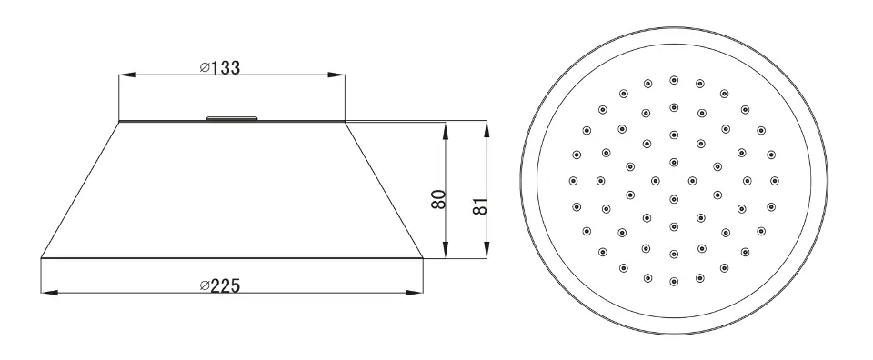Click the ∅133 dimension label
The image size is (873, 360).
point(220,67)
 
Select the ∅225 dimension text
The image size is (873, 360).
point(220,285)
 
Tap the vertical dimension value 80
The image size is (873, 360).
point(438,199)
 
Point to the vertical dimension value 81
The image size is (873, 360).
point(481,205)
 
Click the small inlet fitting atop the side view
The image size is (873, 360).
point(232,118)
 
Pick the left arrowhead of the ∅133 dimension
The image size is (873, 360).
point(127,75)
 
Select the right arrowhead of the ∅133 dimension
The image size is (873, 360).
point(336,75)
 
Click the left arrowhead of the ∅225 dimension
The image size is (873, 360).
point(49,292)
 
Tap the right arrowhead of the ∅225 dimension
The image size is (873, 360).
point(415,292)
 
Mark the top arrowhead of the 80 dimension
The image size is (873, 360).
point(445,132)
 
